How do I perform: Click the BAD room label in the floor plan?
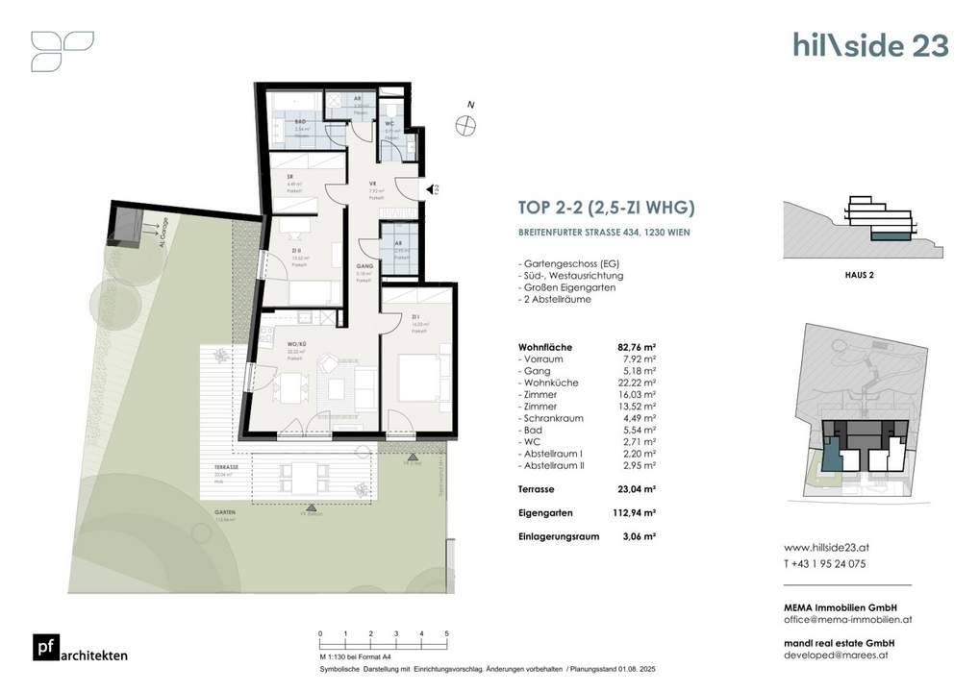coord(300,122)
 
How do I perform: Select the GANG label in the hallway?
coord(363,266)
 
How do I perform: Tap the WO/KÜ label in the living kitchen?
coord(296,344)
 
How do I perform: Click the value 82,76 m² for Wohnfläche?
coord(636,346)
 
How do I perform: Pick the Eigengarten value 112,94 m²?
coord(636,512)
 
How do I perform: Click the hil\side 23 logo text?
coord(869,44)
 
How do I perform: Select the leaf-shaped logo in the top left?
coord(62,50)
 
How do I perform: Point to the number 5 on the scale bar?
coord(446,634)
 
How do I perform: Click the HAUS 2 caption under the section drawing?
coord(857,275)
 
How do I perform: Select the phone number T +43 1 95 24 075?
coord(825,564)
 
